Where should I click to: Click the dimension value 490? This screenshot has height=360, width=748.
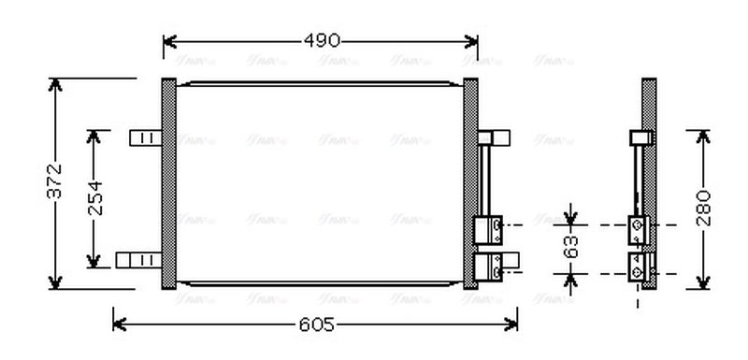(x=321, y=40)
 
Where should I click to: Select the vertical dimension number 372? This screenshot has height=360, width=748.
(x=54, y=181)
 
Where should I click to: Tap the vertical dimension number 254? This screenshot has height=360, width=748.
(x=95, y=197)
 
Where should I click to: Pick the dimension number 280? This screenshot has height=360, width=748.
(x=703, y=208)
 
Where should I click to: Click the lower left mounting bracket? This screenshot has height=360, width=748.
(x=137, y=259)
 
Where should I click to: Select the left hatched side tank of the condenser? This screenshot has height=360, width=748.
(x=168, y=184)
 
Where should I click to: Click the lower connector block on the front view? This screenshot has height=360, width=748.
(x=489, y=266)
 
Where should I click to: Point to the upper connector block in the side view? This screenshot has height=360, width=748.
(x=638, y=227)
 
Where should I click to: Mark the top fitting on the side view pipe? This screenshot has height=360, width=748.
(x=640, y=137)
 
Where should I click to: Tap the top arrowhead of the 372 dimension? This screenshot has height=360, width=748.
(x=55, y=85)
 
